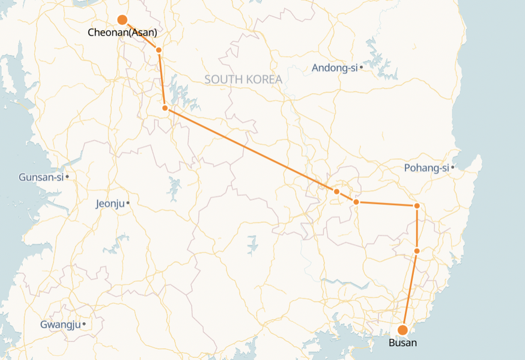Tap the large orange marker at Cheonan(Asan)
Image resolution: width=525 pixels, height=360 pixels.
click(122, 20)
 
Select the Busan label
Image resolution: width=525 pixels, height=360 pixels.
click(402, 343)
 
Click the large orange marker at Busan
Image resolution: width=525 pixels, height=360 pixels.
click(403, 329)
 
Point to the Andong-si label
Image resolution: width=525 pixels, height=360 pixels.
click(335, 68)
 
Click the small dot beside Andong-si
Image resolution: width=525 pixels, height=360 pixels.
click(361, 68)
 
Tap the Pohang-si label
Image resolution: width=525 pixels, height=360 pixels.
click(426, 168)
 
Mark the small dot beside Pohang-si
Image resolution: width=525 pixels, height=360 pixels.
click(452, 168)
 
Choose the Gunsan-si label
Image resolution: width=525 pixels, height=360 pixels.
click(41, 177)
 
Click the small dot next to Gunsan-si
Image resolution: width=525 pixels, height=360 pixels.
click(68, 177)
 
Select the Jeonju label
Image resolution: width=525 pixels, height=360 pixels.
click(110, 204)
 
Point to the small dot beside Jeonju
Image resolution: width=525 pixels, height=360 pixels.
click(129, 203)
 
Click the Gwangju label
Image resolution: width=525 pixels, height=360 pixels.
click(60, 325)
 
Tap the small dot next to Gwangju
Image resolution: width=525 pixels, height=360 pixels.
click(84, 325)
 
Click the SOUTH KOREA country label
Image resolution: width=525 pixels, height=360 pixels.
click(243, 79)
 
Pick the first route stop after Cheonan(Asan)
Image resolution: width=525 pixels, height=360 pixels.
click(159, 50)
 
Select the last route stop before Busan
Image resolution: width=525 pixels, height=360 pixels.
click(417, 251)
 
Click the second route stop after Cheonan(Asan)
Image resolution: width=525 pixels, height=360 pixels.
click(165, 108)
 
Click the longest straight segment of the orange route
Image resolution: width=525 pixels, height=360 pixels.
click(250, 150)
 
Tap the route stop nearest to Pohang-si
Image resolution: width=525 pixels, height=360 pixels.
click(417, 206)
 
